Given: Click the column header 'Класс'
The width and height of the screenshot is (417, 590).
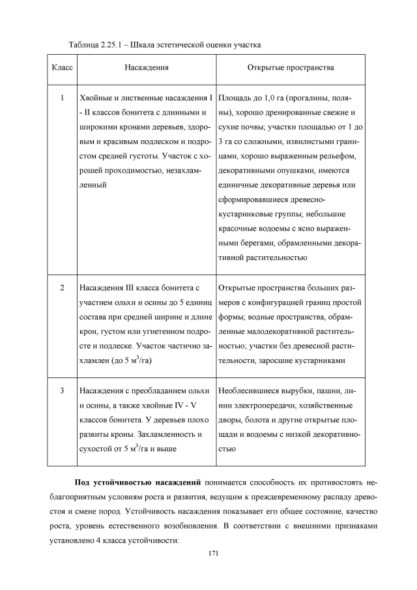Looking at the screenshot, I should click(x=61, y=66).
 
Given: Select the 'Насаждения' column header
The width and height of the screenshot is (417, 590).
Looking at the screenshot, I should click(x=146, y=66).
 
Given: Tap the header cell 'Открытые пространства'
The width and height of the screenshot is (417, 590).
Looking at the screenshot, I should click(x=290, y=66).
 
